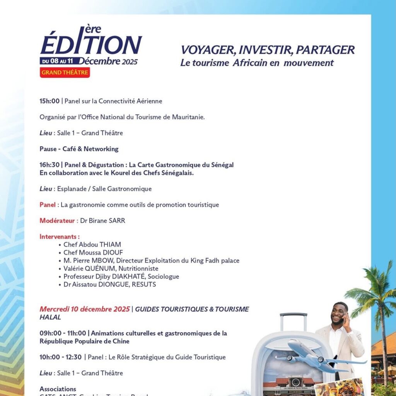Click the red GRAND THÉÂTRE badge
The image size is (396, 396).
[x=65, y=72]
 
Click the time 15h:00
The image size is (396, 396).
[x=49, y=101]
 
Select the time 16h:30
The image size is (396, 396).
[x=49, y=165]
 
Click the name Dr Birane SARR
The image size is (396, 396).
[x=102, y=221]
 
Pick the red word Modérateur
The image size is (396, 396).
[x=57, y=221]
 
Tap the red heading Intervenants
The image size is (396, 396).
[x=60, y=237]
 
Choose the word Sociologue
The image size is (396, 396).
[x=162, y=277]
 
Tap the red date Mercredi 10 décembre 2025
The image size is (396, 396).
[x=85, y=309]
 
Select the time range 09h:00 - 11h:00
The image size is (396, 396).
[x=63, y=333]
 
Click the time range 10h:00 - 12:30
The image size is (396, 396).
[x=61, y=357]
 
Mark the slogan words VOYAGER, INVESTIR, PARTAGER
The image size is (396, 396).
[x=268, y=50]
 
